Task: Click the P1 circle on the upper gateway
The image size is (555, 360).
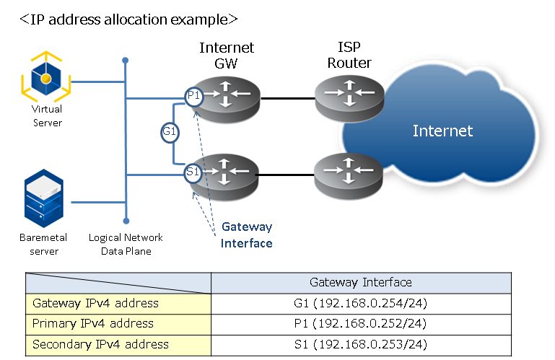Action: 193,96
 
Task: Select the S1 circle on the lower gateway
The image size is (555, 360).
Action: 193,172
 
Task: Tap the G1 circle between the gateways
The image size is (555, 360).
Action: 170,132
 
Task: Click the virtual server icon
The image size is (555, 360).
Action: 46,76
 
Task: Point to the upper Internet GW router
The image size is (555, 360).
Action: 227,96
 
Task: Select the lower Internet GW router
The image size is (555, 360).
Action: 227,174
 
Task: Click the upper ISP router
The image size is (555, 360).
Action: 349,96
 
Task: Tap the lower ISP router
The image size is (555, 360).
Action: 349,174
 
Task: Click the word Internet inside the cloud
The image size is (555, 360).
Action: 442,131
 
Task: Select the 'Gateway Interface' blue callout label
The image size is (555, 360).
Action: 247,235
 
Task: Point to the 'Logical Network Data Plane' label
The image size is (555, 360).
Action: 126,245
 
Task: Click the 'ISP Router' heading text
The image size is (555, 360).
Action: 349,56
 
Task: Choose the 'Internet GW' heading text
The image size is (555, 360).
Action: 227,56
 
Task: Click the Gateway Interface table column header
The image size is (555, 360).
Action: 361,283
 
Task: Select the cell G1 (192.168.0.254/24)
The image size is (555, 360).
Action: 361,303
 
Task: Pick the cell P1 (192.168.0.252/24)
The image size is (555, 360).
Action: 361,323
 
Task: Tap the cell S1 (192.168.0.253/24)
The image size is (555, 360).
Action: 361,344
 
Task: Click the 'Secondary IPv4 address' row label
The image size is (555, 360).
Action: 100,344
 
